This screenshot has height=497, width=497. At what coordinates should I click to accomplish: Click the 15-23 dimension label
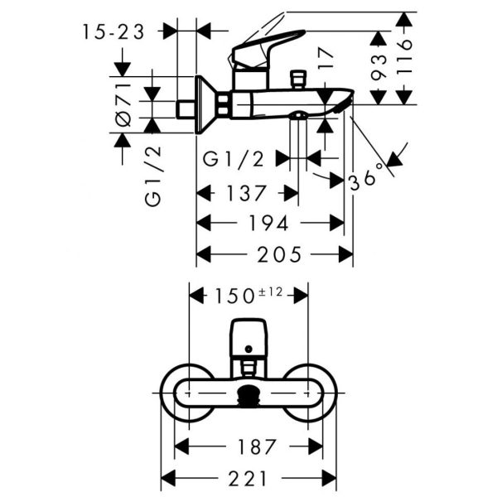point(113,32)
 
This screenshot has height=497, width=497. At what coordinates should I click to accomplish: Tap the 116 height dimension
point(404,57)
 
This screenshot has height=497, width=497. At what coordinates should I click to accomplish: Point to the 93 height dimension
point(379,67)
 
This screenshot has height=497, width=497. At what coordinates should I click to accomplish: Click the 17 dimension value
point(326,59)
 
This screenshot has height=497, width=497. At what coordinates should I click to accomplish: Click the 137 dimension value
point(246,193)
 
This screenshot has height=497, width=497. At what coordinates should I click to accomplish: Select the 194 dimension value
point(268,223)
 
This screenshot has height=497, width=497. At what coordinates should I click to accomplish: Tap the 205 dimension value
point(279,254)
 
